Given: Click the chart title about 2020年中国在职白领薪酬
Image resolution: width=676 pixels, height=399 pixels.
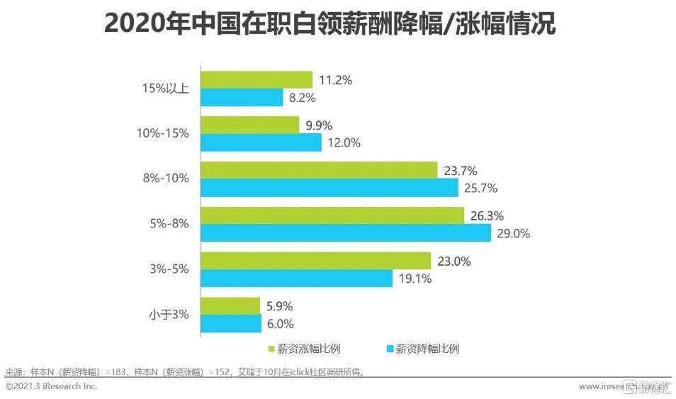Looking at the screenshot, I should coord(329,23).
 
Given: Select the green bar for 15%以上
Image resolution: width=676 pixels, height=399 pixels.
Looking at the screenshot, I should coord(257,79).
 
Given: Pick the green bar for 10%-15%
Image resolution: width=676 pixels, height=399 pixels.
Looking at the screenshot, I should coord(250,125).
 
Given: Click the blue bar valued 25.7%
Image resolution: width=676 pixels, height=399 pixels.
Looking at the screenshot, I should coord(329,188).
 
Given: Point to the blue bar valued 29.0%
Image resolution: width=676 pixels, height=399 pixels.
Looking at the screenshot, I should coord(346,233).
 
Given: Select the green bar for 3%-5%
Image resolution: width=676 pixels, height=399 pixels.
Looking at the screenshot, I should coord(316,261).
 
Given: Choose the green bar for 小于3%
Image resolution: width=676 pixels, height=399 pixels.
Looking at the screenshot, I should coord(230,306).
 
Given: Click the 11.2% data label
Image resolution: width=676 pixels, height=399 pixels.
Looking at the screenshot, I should coord(335,79).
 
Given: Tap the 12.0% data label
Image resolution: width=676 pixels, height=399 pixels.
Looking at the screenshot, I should coord(344,142).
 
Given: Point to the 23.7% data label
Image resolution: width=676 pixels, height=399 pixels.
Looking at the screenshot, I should coord(460,170).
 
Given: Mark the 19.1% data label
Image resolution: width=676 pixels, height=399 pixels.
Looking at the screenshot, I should coord(415,279).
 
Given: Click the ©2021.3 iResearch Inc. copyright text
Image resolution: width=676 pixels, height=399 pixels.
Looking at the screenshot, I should coord(51,386).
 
